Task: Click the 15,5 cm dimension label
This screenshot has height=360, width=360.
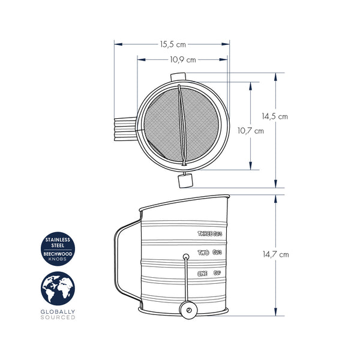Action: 173,44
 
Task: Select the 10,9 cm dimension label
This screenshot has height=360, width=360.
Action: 183,59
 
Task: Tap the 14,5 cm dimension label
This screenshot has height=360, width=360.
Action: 275,116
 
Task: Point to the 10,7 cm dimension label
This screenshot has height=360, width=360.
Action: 251,131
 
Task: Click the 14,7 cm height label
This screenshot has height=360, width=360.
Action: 276,254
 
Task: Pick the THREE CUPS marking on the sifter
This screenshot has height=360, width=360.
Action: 210,234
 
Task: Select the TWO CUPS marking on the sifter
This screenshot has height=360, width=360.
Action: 210,253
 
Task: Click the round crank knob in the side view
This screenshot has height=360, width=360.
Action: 188,310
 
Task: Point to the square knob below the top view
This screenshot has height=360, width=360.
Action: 185,181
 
